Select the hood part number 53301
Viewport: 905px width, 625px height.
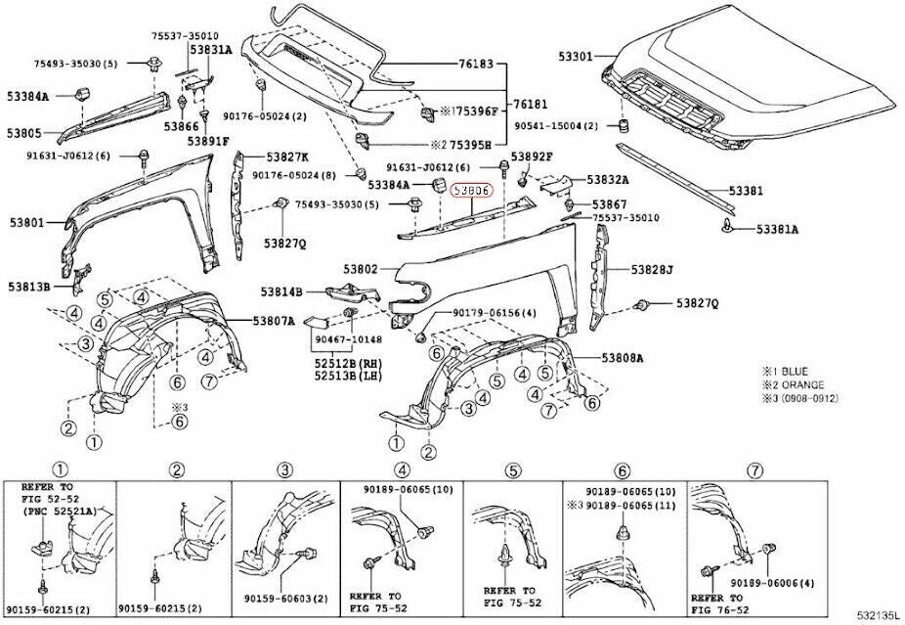576,57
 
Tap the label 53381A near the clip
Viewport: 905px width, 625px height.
778,229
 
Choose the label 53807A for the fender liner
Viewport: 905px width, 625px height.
275,320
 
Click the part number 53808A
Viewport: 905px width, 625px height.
622,358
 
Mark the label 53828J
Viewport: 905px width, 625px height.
653,269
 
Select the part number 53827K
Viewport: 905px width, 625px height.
286,156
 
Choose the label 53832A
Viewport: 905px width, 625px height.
608,180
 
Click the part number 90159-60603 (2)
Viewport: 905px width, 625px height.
285,598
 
